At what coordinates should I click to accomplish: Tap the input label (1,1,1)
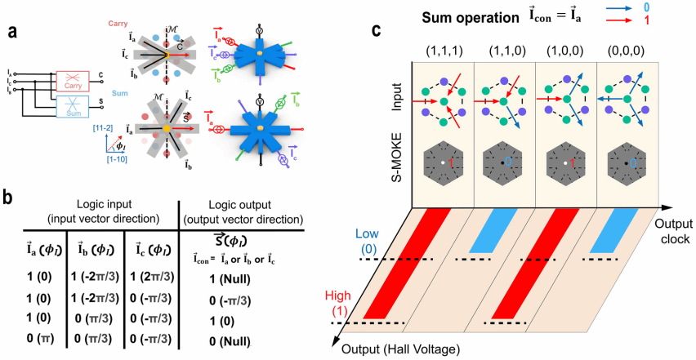tap(443, 50)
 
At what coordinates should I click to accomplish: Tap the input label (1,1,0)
tap(504, 50)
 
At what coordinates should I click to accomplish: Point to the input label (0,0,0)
tap(627, 50)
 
